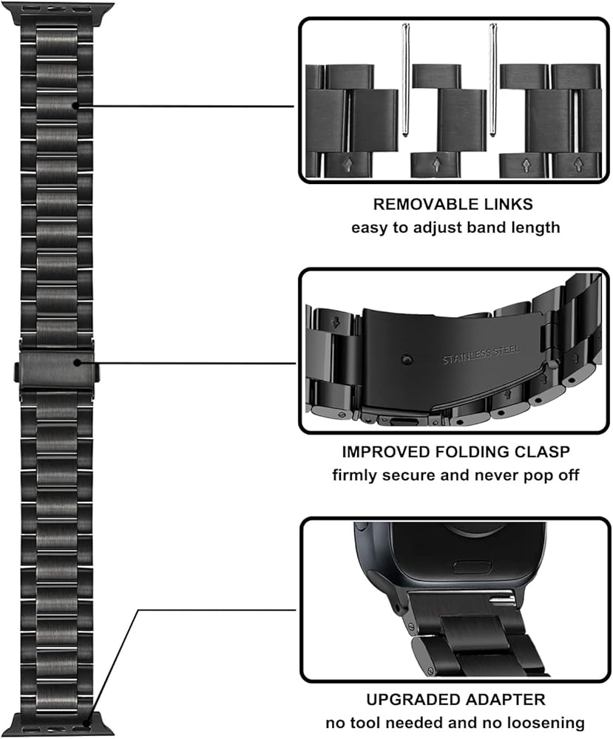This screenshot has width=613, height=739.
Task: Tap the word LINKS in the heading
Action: (x=507, y=205)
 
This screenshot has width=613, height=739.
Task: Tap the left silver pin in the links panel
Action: (x=405, y=89)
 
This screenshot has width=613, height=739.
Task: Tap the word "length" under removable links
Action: (x=535, y=228)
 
